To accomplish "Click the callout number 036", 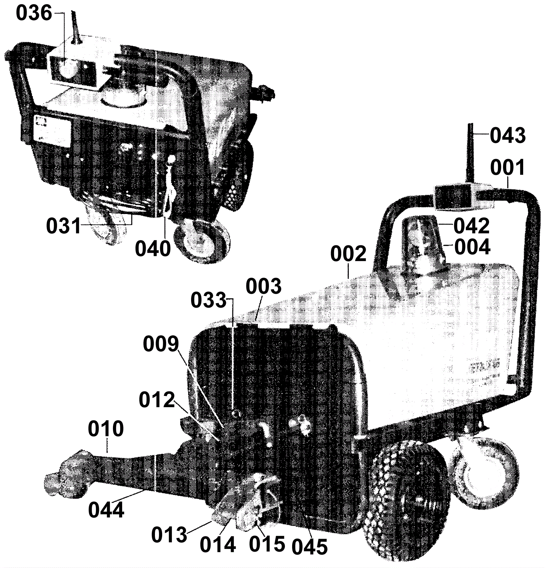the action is coord(34,14).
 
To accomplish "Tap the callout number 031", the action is coord(64,227).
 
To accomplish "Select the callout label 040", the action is coord(153,249).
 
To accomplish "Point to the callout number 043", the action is coord(508,136).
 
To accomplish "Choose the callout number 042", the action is coord(471,225).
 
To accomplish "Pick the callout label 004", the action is coord(473,247).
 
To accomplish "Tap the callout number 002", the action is coord(348,254).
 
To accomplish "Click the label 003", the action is coord(264,286).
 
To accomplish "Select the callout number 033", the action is coord(208,301).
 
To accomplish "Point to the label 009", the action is coord(161,344).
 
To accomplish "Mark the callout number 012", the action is coord(157,400).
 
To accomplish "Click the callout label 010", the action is coord(106,429).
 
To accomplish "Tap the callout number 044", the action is coord(106,510).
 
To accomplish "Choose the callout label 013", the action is coord(170,535).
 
